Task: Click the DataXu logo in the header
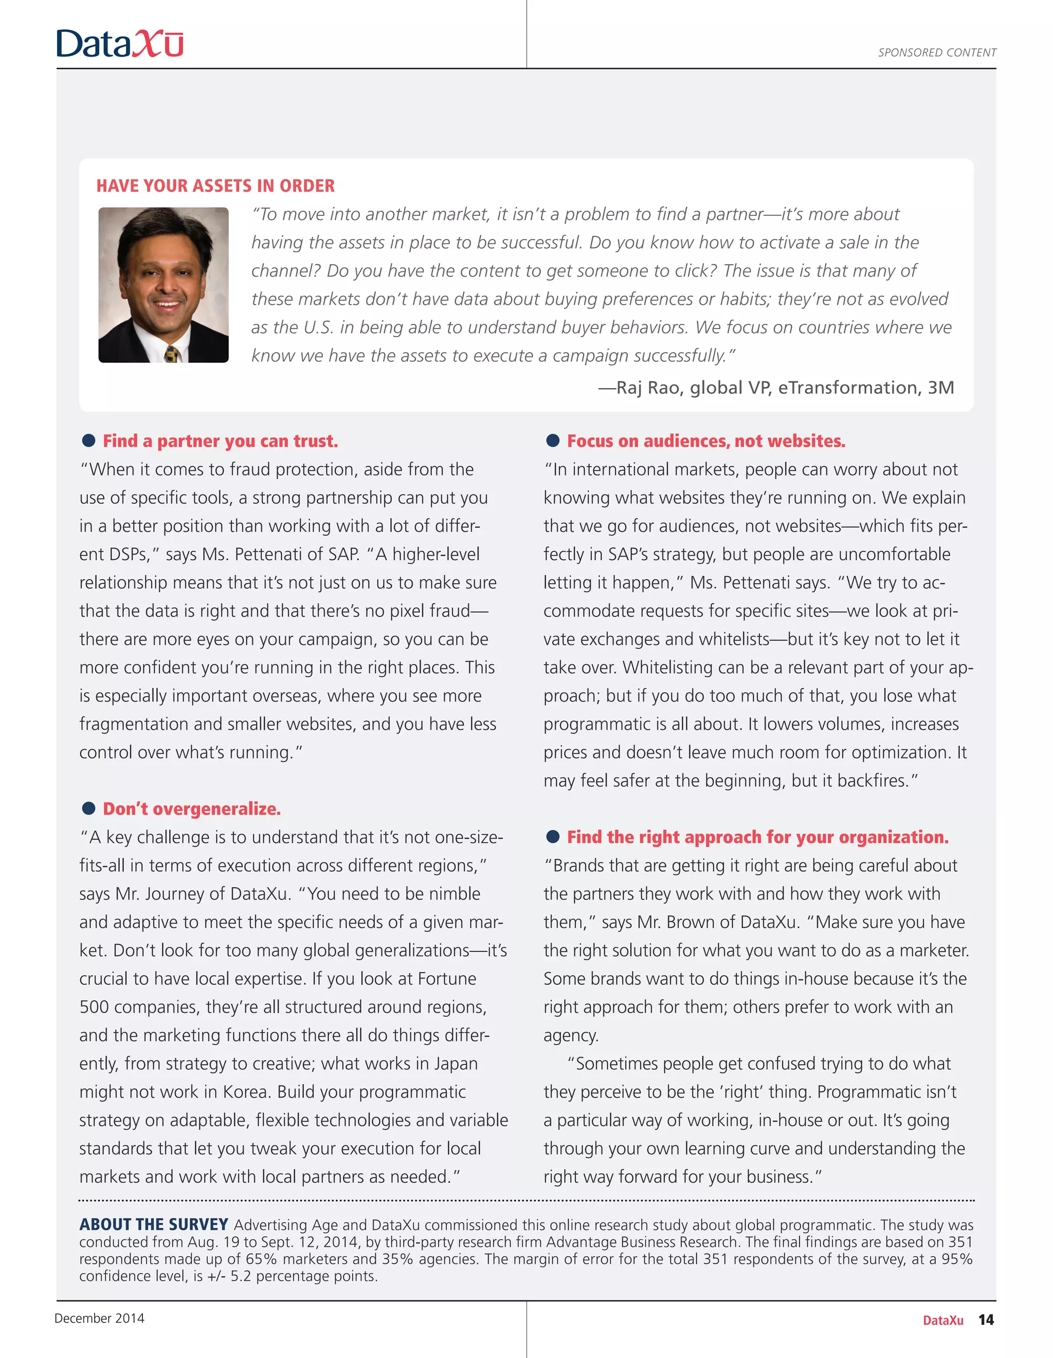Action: click(119, 44)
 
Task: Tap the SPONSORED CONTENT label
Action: click(937, 53)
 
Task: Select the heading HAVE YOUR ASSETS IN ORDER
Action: click(215, 186)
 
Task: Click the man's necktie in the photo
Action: click(172, 355)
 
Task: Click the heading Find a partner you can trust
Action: click(220, 442)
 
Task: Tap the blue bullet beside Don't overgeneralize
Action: click(89, 809)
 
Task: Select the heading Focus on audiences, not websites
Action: click(706, 442)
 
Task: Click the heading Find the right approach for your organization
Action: click(757, 837)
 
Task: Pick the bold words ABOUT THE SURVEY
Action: click(154, 1224)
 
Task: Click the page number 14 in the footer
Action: click(986, 1319)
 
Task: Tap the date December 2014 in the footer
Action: click(100, 1318)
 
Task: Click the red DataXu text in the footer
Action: click(943, 1320)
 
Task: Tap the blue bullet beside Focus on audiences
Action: click(553, 441)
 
